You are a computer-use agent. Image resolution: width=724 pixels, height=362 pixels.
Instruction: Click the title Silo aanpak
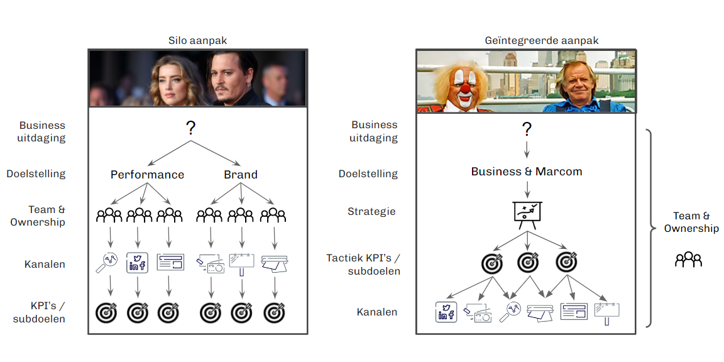pos(197,41)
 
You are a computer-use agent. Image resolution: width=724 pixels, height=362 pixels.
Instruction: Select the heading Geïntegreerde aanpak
pos(541,41)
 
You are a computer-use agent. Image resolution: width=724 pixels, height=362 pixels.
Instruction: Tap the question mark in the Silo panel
pos(191,128)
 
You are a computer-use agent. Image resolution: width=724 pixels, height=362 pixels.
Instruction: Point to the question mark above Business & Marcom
pos(527,129)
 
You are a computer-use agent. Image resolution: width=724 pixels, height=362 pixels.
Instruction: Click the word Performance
pos(147,175)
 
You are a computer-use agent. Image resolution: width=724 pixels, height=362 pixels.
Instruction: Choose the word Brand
pos(241,175)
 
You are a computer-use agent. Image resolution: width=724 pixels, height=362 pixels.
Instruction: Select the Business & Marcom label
pos(527,172)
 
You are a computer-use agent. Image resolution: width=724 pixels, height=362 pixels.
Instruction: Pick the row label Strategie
pos(371,211)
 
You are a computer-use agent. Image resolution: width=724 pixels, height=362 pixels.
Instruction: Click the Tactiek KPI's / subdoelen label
pos(363,265)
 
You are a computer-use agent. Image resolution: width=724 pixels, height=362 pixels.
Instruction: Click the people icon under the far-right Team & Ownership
pos(688,260)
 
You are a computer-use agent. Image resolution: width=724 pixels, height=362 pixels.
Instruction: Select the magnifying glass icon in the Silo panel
pos(108,262)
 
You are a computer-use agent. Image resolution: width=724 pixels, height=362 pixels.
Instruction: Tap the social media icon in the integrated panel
pos(446,312)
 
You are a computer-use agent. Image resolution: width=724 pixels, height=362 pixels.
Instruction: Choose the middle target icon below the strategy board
pos(527,262)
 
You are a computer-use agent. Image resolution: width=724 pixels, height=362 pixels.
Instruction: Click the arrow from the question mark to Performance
pos(168,154)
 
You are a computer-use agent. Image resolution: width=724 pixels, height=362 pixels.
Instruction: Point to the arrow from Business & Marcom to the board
pos(527,189)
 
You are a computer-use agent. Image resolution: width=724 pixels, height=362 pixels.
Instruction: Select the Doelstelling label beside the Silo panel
pos(36,173)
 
